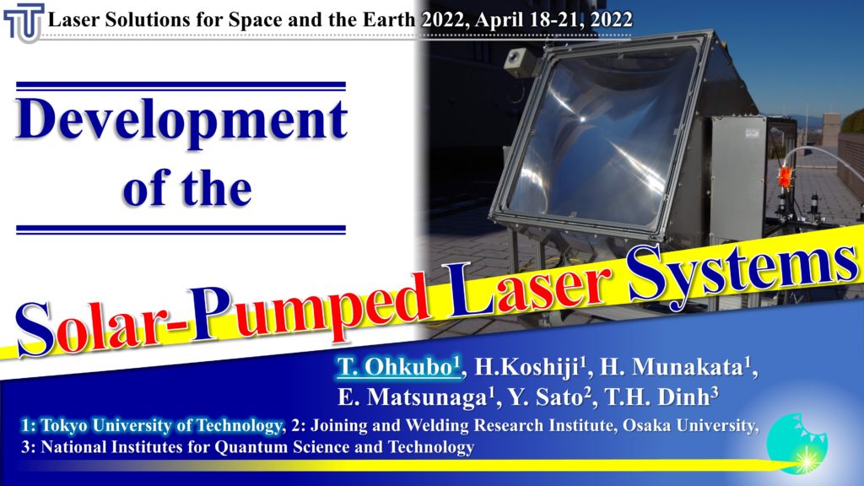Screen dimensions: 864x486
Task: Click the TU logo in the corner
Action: (x=23, y=22)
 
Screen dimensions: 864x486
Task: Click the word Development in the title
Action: (x=181, y=120)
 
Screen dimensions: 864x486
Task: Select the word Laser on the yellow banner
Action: (x=529, y=292)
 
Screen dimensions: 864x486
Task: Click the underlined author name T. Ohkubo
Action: (x=398, y=367)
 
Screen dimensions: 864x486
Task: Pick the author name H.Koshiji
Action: (x=526, y=367)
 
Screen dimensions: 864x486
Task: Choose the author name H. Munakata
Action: (x=675, y=367)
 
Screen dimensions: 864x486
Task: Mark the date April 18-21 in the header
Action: (x=530, y=20)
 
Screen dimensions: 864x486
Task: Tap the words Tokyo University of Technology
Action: (x=161, y=426)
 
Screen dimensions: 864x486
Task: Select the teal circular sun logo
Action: (x=796, y=444)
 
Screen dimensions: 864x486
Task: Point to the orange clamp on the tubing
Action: (x=784, y=176)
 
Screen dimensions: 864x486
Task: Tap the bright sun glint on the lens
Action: (x=582, y=118)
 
